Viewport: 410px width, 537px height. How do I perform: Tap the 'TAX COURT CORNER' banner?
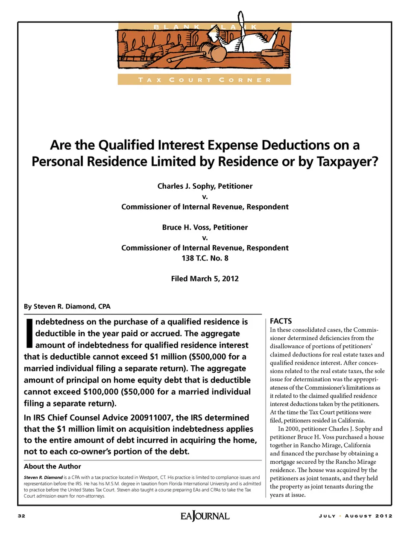point(204,80)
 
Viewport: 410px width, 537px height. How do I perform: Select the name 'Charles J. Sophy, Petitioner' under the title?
point(205,186)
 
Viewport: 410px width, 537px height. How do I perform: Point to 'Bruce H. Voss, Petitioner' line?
point(205,227)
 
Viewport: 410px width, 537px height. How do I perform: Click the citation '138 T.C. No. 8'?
point(205,258)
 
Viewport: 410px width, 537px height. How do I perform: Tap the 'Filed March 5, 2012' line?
point(205,279)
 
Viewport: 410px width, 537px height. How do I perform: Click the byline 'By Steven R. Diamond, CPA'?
point(67,306)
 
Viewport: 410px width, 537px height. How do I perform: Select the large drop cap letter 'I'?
point(29,333)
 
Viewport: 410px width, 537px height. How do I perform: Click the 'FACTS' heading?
point(281,321)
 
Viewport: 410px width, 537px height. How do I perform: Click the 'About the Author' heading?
point(52,466)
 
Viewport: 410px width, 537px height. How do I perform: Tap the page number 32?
point(21,516)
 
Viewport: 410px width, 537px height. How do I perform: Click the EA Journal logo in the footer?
point(205,516)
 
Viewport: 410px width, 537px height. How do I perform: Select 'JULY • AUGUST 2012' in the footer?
point(355,516)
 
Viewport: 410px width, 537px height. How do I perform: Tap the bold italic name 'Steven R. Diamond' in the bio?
point(43,478)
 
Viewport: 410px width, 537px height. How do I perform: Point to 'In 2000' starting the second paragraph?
point(288,429)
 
